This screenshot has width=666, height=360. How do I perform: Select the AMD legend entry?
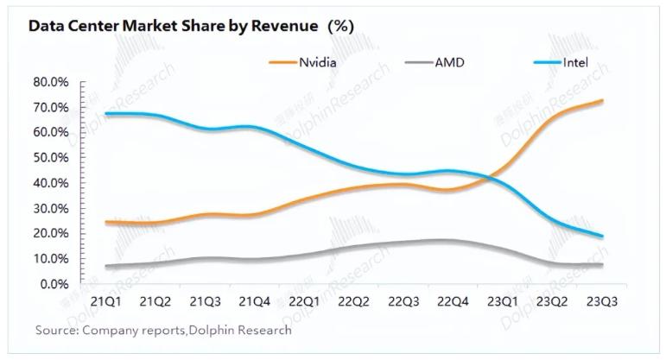[448, 62]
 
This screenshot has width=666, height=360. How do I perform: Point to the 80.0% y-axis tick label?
[50, 82]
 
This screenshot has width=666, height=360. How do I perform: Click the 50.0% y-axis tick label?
[50, 158]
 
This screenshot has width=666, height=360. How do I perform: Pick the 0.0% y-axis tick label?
[53, 283]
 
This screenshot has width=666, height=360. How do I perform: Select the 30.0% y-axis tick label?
[50, 208]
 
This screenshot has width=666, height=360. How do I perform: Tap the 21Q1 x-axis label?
[105, 302]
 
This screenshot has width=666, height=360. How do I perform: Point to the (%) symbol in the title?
[339, 26]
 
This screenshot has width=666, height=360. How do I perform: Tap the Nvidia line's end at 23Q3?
[602, 101]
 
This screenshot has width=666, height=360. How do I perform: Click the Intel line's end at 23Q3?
[602, 237]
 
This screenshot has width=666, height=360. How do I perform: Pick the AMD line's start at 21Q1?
[105, 266]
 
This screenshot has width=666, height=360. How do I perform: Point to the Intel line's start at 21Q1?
[105, 114]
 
